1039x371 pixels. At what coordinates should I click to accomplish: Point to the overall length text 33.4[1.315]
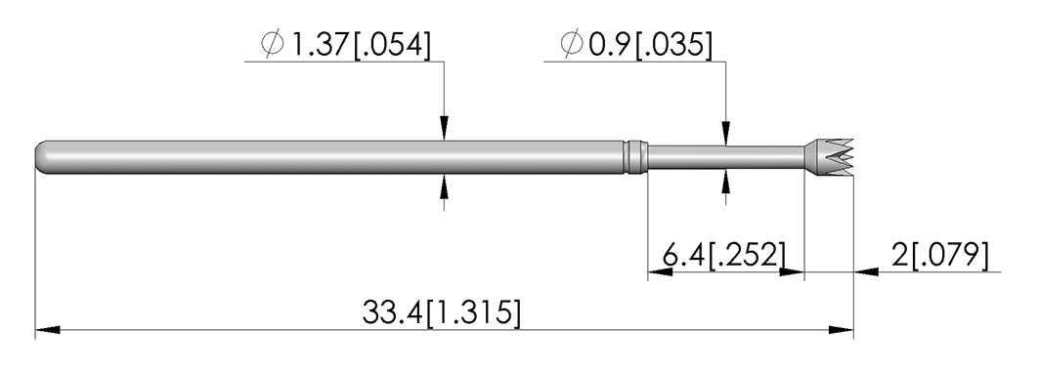[442, 312]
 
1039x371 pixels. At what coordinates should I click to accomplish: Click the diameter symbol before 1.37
[273, 45]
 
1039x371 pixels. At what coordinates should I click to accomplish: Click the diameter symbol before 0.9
[571, 45]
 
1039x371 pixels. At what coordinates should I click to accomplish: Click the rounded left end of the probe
[41, 157]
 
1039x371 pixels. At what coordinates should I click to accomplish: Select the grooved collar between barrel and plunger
[635, 157]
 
